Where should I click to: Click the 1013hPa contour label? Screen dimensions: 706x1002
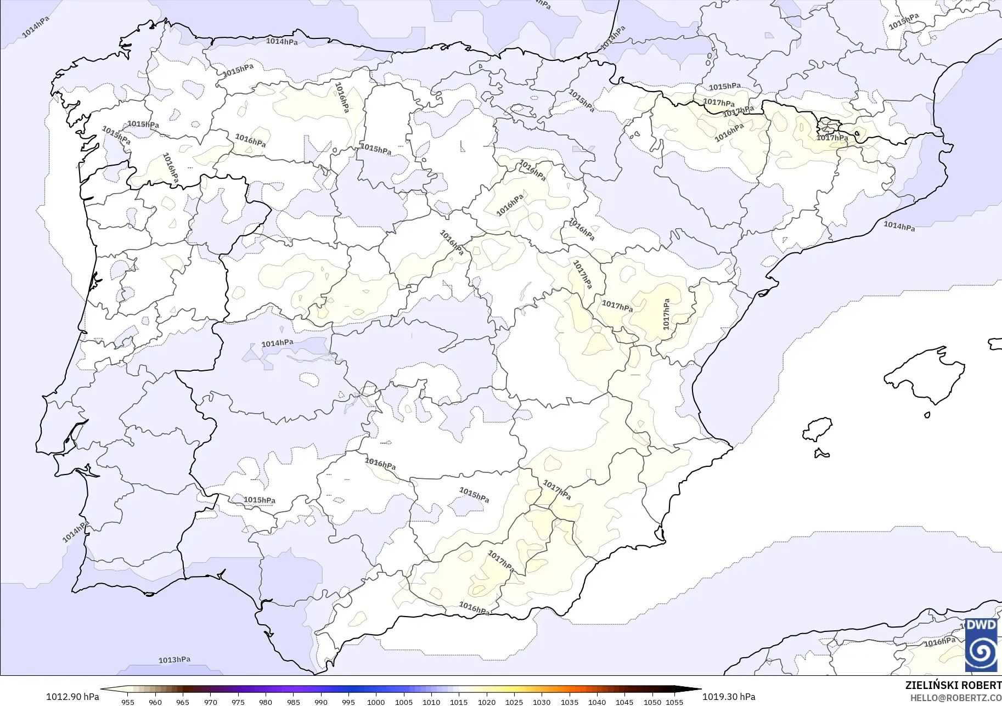[174, 659]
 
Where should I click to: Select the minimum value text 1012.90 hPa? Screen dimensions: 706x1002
[72, 697]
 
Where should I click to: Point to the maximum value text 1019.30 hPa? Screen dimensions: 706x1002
[729, 697]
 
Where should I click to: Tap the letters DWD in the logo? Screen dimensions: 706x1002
[981, 625]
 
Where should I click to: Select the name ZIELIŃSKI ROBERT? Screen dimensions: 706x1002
[953, 686]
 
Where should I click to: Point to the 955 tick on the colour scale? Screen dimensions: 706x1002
[128, 702]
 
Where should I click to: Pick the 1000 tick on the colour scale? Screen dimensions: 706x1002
[376, 702]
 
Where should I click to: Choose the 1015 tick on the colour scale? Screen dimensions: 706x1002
[459, 702]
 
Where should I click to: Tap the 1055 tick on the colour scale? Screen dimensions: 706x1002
[674, 702]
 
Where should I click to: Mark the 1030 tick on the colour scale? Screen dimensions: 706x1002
[542, 702]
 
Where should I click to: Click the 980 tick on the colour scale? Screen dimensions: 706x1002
[266, 702]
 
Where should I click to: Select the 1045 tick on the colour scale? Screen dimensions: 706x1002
[624, 702]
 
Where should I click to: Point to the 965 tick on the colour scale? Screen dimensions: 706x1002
[183, 702]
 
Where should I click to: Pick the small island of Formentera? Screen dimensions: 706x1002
[821, 453]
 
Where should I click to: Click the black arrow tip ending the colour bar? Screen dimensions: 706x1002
[697, 690]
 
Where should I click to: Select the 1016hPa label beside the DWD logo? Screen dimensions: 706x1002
[939, 642]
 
